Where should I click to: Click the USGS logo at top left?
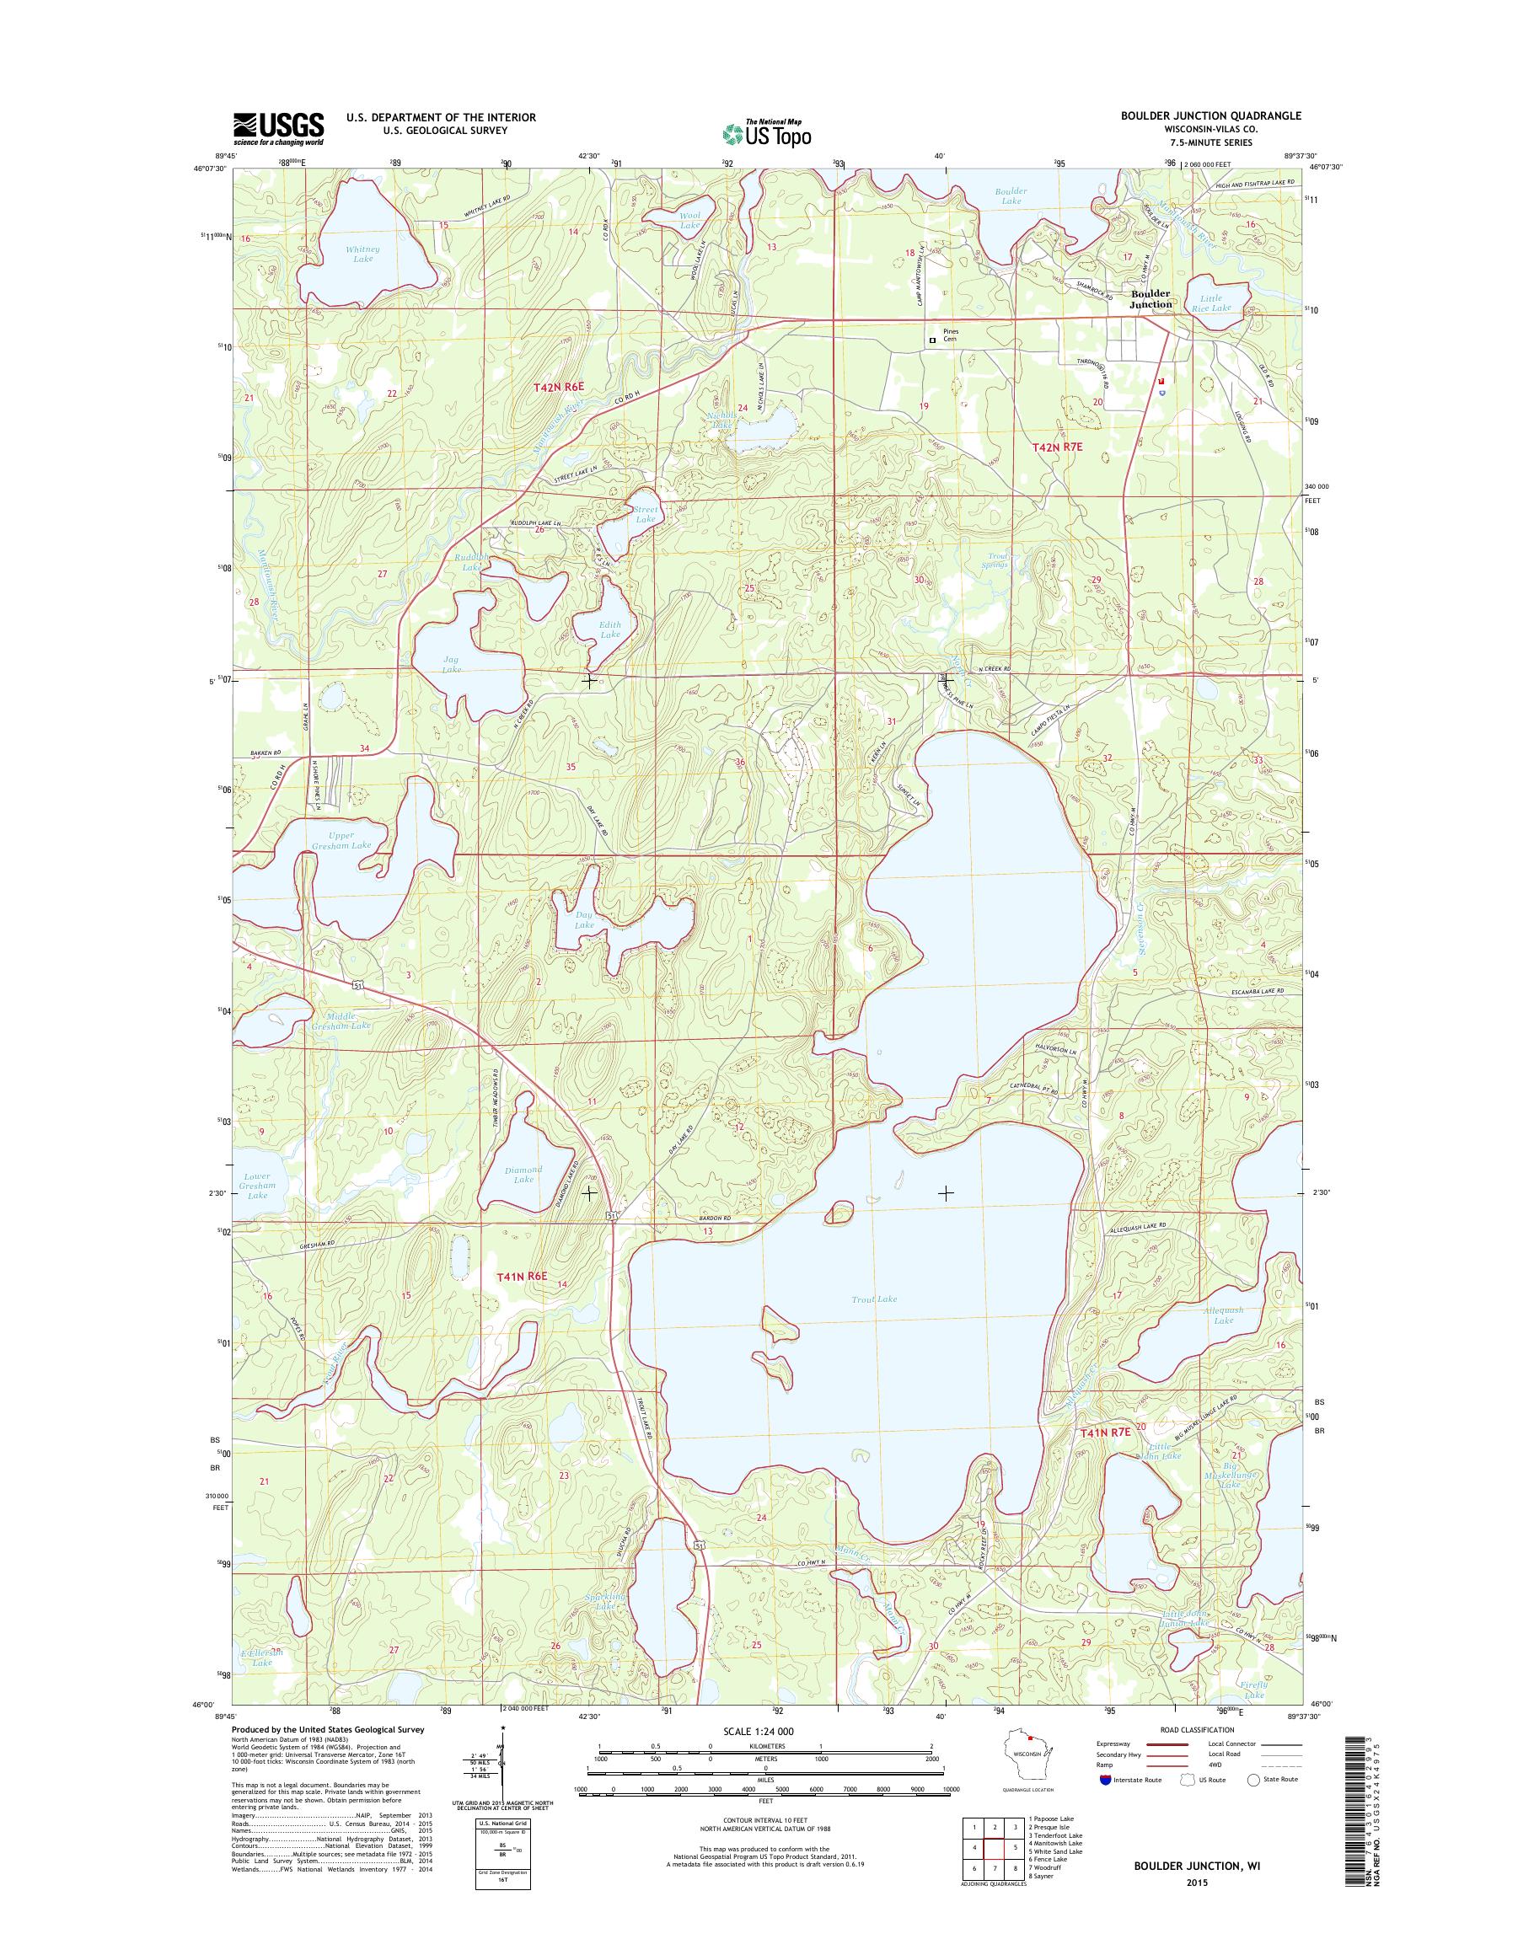pos(278,128)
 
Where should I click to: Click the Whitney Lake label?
pos(362,254)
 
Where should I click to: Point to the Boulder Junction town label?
pos(1150,299)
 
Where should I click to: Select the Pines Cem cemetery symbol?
pos(932,340)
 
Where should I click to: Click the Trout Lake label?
pos(874,1299)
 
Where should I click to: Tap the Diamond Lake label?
pos(523,1175)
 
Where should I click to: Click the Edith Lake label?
pos(610,629)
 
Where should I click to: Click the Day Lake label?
pos(584,919)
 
